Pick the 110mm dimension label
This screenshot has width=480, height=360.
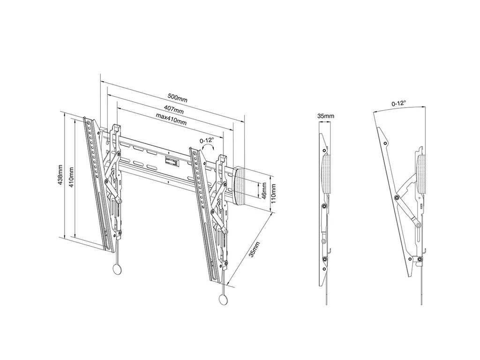pyautogui.click(x=273, y=189)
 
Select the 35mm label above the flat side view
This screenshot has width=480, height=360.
pyautogui.click(x=325, y=116)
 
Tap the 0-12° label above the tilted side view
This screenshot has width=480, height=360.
pyautogui.click(x=399, y=103)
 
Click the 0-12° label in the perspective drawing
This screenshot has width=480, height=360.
pyautogui.click(x=206, y=140)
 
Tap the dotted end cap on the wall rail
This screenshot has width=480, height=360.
pyautogui.click(x=241, y=185)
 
